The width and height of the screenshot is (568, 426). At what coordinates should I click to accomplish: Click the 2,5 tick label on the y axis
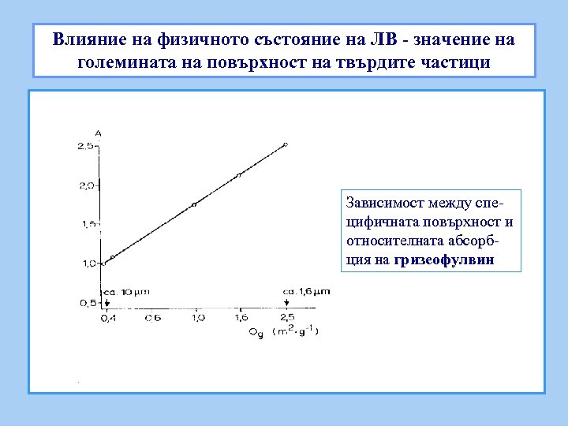(x=86, y=147)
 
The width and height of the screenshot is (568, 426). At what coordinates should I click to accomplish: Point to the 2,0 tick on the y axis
(x=86, y=185)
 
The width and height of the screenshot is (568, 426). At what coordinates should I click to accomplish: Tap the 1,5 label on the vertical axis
(x=88, y=225)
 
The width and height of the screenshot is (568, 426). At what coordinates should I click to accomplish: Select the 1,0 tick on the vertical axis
(x=88, y=263)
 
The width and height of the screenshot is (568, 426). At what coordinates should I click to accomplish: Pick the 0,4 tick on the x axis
(x=106, y=317)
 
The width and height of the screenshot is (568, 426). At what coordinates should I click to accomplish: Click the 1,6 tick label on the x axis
(x=241, y=317)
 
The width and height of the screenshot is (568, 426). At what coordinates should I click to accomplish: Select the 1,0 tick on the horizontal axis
(x=197, y=317)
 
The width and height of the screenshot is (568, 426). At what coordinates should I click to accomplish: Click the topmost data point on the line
(x=286, y=144)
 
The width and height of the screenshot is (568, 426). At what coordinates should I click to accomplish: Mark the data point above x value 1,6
(x=239, y=175)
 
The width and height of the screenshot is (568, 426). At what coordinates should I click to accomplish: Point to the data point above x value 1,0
(x=194, y=204)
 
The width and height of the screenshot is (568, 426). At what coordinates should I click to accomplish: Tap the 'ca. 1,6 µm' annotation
(x=307, y=291)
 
